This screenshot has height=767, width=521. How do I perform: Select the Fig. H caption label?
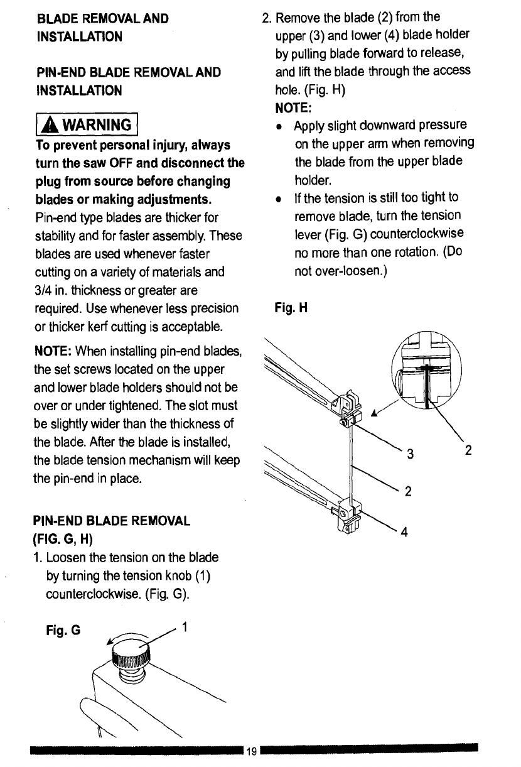tap(289, 308)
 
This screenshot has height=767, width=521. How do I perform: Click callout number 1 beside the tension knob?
tap(183, 626)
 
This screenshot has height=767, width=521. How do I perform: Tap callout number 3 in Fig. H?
tap(409, 454)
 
